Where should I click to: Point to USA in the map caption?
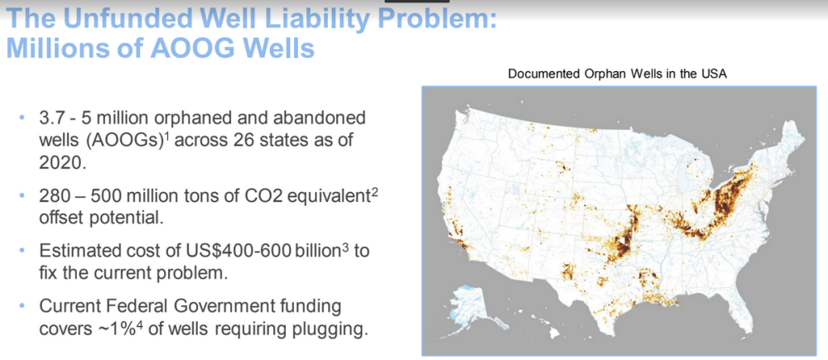pos(715,74)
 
